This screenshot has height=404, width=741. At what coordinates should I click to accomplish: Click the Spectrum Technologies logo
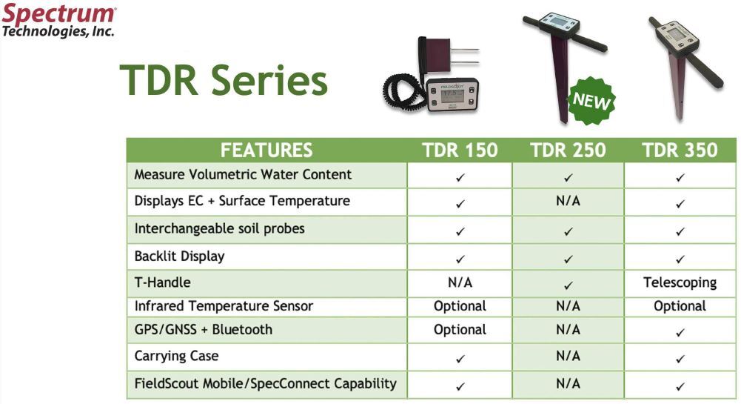[x=58, y=21]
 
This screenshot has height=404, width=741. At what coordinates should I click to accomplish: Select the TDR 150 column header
[x=460, y=150]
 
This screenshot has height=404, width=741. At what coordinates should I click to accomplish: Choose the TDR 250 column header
[x=568, y=150]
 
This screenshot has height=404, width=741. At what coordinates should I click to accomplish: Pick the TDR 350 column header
[x=680, y=150]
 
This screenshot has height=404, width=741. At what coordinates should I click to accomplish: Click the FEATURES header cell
[x=266, y=150]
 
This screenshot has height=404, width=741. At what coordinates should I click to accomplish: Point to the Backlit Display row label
[x=179, y=256]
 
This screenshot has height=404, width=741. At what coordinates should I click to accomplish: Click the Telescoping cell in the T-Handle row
[x=680, y=282]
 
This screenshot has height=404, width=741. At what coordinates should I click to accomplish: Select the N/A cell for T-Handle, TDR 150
[x=460, y=282]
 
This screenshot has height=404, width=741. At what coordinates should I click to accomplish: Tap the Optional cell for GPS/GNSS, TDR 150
[x=460, y=330]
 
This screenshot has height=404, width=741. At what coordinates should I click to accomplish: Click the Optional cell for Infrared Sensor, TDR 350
[x=680, y=305]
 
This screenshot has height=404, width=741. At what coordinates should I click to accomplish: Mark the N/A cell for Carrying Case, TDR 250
[x=568, y=357]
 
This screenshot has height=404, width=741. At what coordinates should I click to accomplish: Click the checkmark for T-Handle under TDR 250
[x=568, y=283]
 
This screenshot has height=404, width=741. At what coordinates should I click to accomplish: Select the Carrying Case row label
[x=176, y=356]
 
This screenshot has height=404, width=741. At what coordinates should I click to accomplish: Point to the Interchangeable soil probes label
[x=219, y=229]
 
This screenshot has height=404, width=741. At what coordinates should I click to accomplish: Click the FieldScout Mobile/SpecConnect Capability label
[x=265, y=384]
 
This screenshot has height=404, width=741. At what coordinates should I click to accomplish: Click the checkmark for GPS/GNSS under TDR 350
[x=680, y=331]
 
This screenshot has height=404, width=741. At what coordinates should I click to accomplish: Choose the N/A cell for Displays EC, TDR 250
[x=568, y=202]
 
